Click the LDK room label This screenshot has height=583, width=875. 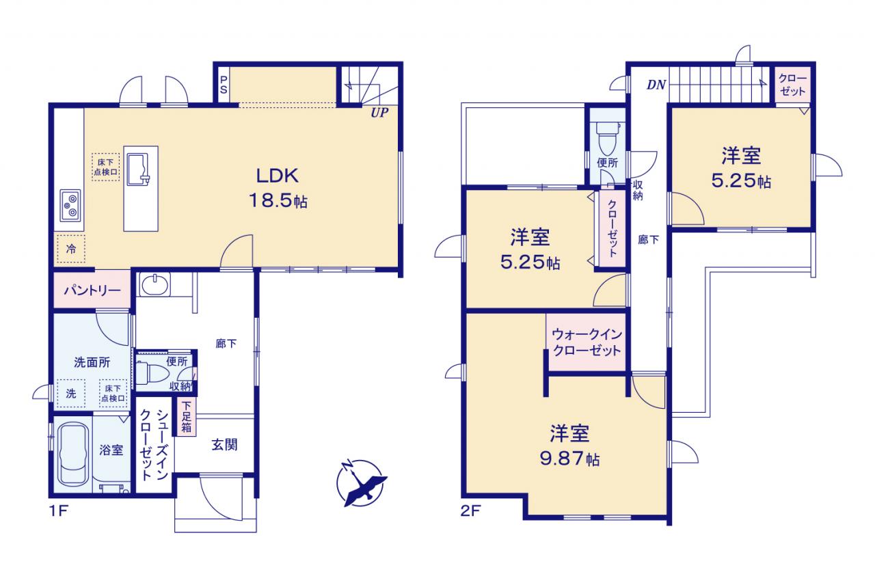click(278, 176)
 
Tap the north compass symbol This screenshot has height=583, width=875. click(360, 483)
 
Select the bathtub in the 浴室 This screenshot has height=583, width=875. click(72, 455)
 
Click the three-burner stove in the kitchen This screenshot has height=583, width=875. click(70, 206)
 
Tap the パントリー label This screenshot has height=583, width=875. click(92, 290)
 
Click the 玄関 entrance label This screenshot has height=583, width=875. click(224, 445)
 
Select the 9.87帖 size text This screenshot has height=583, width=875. click(569, 459)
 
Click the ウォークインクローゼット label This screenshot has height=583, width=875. click(587, 342)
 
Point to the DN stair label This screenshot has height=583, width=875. click(656, 84)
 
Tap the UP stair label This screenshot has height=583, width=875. click(379, 113)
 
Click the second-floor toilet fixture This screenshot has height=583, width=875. click(608, 138)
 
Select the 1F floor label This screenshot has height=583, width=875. click(59, 511)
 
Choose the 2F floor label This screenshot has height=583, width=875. click(470, 511)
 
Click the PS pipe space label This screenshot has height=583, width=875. click(224, 85)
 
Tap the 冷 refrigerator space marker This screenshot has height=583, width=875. click(71, 249)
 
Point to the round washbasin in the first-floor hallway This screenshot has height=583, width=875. click(155, 285)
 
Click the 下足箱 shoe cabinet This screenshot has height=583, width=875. click(187, 417)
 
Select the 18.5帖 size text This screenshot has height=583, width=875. click(278, 201)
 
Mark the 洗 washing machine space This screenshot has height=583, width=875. click(71, 394)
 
